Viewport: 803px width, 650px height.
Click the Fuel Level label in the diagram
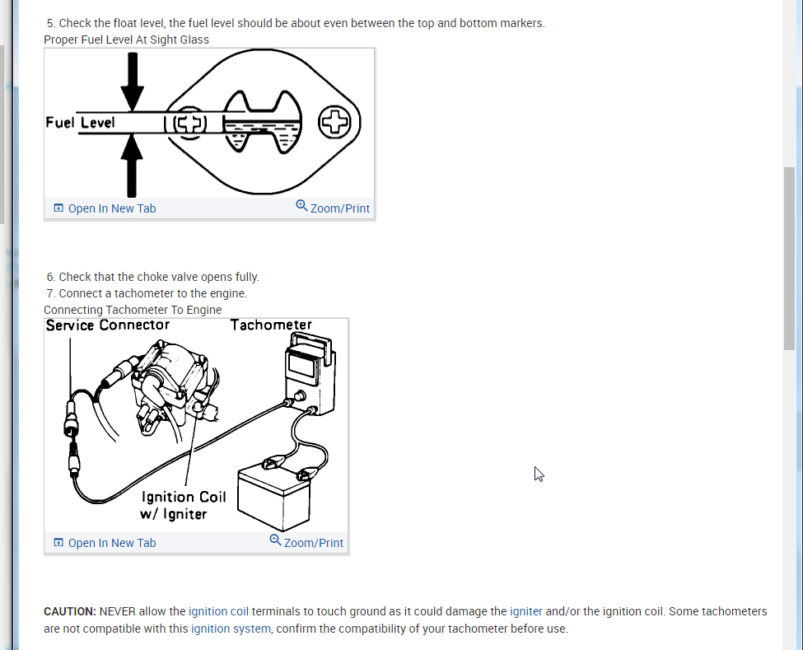click(80, 123)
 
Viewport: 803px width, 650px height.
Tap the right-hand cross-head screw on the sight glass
click(334, 123)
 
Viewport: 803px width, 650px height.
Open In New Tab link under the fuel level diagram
click(105, 208)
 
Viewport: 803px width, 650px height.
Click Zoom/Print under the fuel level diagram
click(333, 208)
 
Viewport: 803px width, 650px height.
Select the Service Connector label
click(108, 325)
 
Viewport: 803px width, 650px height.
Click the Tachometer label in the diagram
click(271, 325)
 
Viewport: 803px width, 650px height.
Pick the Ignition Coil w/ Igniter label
click(183, 505)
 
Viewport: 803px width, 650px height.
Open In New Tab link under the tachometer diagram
click(105, 543)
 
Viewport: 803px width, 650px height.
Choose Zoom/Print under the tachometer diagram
click(306, 542)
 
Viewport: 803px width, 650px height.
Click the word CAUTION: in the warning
click(70, 611)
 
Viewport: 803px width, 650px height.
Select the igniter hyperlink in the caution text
click(526, 611)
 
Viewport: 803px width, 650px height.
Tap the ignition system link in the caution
click(231, 629)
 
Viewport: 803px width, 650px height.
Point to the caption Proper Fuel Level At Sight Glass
click(126, 40)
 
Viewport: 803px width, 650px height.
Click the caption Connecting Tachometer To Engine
click(133, 310)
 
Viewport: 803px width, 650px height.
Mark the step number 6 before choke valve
click(51, 277)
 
